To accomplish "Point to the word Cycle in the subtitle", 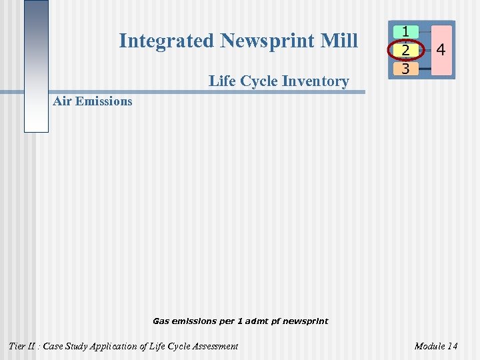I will point(260,81).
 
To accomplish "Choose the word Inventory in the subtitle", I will point(316,81).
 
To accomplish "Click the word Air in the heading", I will point(62,101).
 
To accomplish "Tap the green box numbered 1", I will point(405,31).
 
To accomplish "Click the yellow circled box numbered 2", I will point(405,50).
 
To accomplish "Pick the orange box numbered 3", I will point(405,68).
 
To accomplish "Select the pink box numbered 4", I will point(441,50).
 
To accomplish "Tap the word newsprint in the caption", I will point(305,321).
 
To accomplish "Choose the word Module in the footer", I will point(430,346).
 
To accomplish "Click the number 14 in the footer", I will point(453,346).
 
